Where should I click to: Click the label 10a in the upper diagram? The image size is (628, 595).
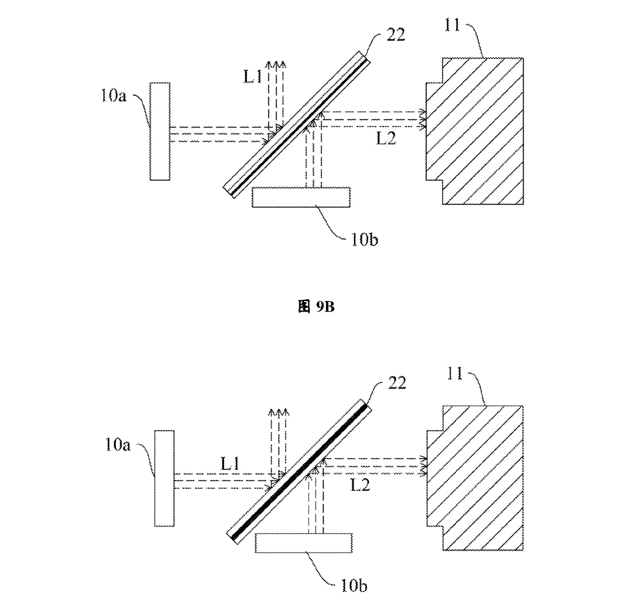114,96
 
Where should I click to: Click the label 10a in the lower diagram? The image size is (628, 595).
118,445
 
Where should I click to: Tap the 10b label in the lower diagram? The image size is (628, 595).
354,586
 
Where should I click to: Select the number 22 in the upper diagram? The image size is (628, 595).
395,36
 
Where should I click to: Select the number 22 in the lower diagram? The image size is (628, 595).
396,383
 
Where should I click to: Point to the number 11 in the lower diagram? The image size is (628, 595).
455,373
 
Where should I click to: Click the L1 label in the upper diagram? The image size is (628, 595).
253,77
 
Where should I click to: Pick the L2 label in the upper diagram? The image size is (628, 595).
386,139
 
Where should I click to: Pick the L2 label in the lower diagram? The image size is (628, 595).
360,485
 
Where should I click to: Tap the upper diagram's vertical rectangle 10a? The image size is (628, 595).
160,131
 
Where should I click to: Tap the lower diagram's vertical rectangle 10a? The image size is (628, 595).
164,478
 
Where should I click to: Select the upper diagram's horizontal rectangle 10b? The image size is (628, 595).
301,197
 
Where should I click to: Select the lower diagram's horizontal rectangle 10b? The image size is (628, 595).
304,543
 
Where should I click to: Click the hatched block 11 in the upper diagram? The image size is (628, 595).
475,131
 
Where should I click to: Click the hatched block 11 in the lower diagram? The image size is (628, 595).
475,478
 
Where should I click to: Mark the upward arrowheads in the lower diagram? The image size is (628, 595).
279,412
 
